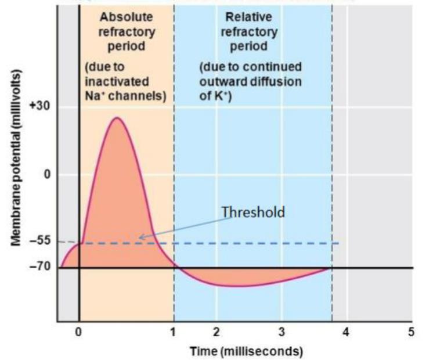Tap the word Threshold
tap(253, 212)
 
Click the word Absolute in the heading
tap(126, 17)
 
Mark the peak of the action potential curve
tap(117, 118)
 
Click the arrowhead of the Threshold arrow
tap(139, 237)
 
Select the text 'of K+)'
tap(216, 95)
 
